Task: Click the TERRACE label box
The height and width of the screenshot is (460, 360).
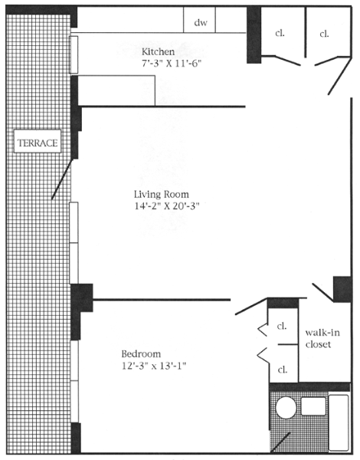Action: (38, 141)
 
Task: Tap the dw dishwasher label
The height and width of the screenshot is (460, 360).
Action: (201, 22)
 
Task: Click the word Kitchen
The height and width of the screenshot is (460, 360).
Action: (158, 51)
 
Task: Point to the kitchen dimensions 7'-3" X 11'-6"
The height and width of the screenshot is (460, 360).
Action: (172, 64)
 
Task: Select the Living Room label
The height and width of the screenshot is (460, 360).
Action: (162, 194)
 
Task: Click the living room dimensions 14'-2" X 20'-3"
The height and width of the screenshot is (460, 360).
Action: (167, 206)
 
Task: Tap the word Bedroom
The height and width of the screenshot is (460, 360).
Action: (141, 353)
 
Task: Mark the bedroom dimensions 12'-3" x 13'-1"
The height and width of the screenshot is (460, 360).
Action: (154, 366)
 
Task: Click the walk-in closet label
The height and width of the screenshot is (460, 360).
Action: (322, 338)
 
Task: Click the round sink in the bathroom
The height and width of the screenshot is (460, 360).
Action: (286, 408)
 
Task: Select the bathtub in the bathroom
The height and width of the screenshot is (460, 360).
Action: (339, 422)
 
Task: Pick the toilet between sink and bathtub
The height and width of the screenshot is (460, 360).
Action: (313, 406)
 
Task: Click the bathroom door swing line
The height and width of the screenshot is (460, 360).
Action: (280, 442)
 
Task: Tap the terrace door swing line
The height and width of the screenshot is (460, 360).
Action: (62, 179)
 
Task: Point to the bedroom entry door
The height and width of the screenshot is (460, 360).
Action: (251, 307)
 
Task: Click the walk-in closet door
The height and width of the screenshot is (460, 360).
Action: (322, 292)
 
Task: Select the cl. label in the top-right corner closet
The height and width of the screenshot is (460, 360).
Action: (324, 34)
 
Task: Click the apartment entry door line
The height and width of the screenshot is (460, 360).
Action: (339, 76)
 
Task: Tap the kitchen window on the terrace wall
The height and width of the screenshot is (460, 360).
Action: (74, 54)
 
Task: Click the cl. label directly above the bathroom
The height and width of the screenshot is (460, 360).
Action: (283, 370)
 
